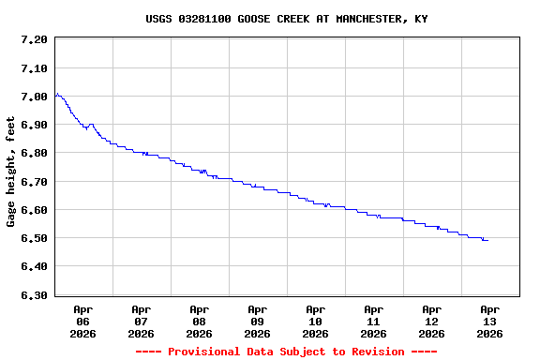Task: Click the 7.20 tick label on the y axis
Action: click(x=33, y=39)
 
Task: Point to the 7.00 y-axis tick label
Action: click(x=33, y=97)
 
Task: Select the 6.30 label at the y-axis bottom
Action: click(x=33, y=295)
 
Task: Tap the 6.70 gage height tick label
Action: click(x=33, y=182)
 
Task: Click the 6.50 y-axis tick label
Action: click(x=33, y=238)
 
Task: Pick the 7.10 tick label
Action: click(x=33, y=68)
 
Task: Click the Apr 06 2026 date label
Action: click(x=82, y=321)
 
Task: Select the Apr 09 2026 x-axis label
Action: click(x=257, y=321)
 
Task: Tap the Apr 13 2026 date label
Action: click(x=489, y=321)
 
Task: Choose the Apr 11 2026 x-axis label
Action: click(x=373, y=321)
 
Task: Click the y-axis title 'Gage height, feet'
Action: click(x=11, y=172)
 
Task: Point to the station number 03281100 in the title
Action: click(x=205, y=19)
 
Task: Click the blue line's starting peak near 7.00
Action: click(x=57, y=94)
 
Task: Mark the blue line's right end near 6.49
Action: click(x=487, y=241)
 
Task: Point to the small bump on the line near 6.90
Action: click(x=91, y=124)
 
